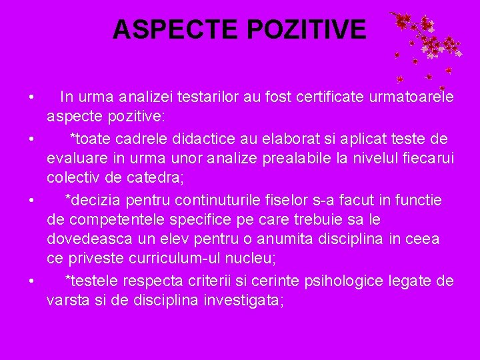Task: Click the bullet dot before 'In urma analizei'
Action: [31, 99]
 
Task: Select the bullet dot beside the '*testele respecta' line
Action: [31, 281]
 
